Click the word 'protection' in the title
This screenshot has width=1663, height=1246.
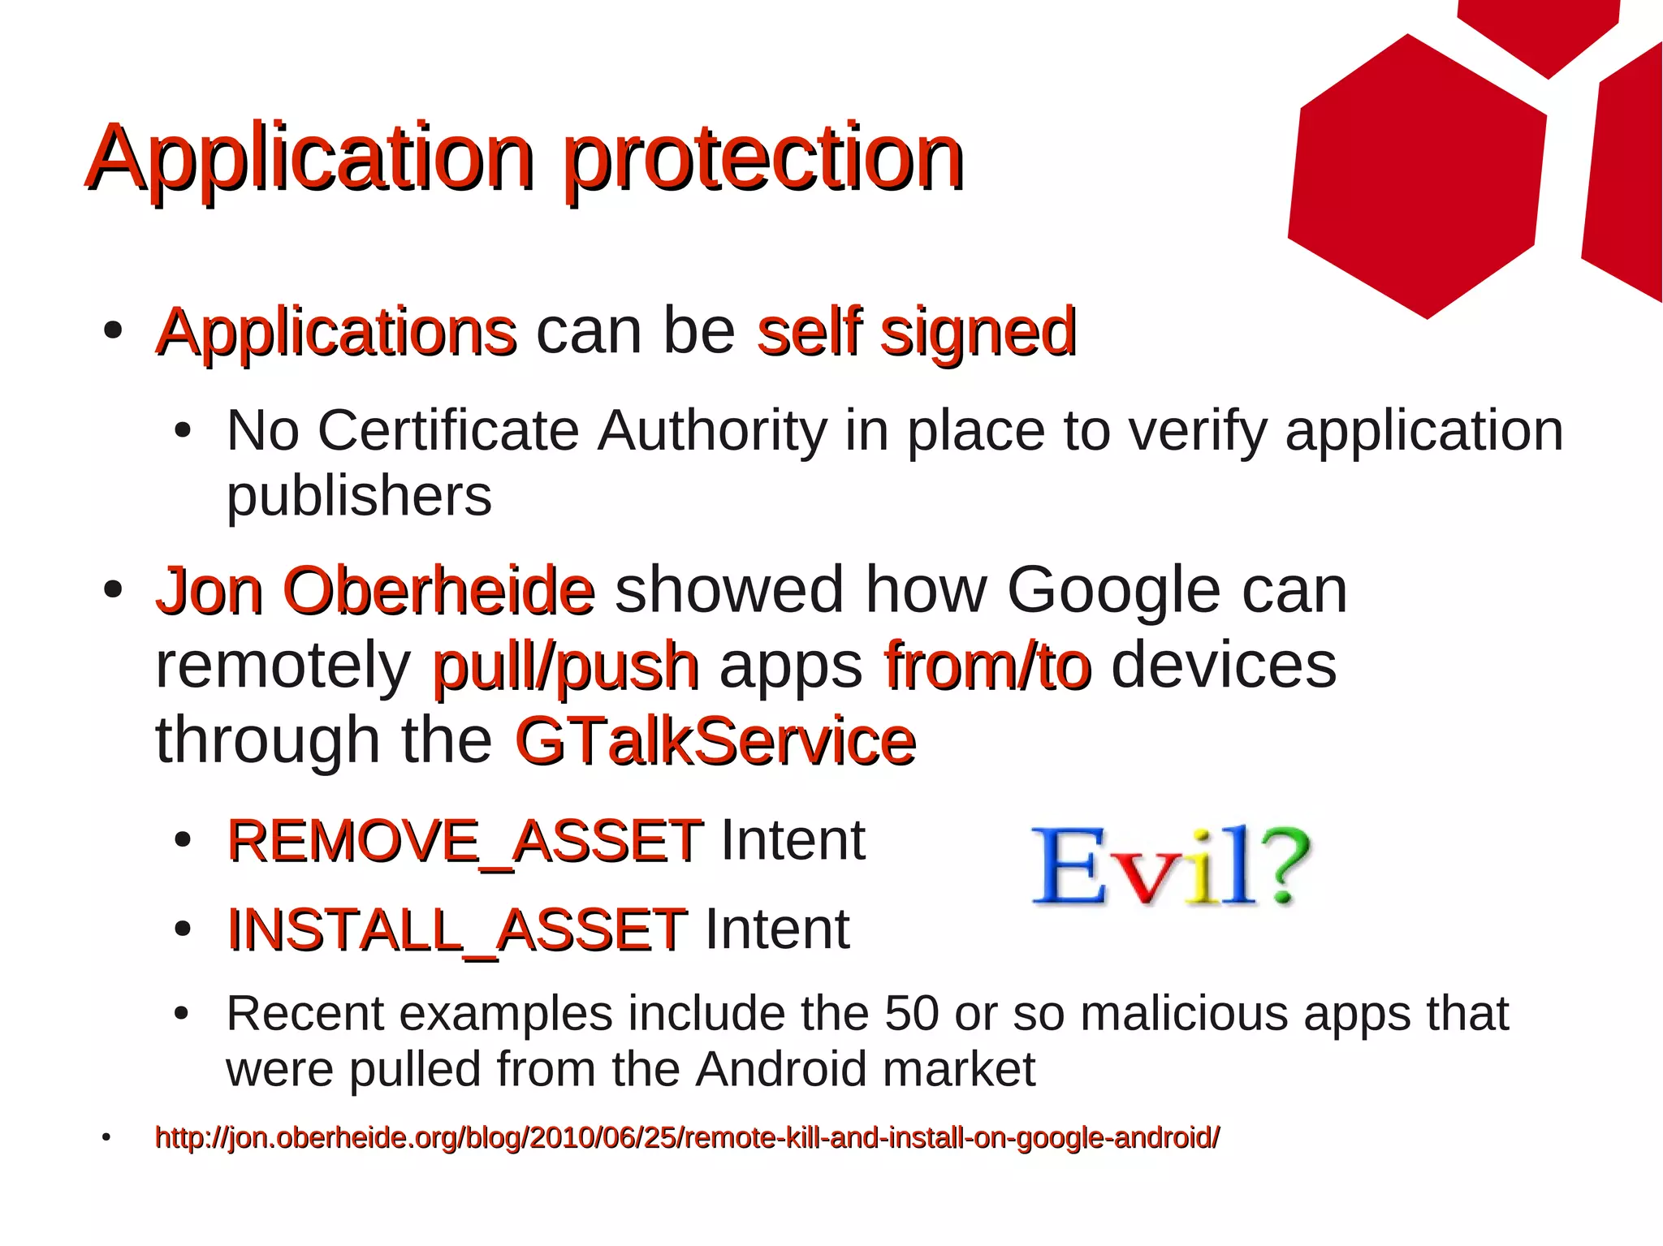763,158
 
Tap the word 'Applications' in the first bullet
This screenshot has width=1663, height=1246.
336,333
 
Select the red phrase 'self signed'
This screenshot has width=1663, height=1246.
916,333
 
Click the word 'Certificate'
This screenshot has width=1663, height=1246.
447,430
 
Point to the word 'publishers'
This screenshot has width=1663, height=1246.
359,496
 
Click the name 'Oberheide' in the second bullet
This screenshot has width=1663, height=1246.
438,591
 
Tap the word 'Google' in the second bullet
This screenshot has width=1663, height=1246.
1113,591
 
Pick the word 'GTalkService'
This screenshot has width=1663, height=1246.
715,741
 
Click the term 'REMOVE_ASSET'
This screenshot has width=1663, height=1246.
464,841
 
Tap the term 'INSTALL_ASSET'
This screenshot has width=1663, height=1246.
457,929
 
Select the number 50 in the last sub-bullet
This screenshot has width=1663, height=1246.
911,1014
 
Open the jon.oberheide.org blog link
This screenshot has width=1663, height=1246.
687,1138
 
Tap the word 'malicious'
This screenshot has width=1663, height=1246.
1184,1014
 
